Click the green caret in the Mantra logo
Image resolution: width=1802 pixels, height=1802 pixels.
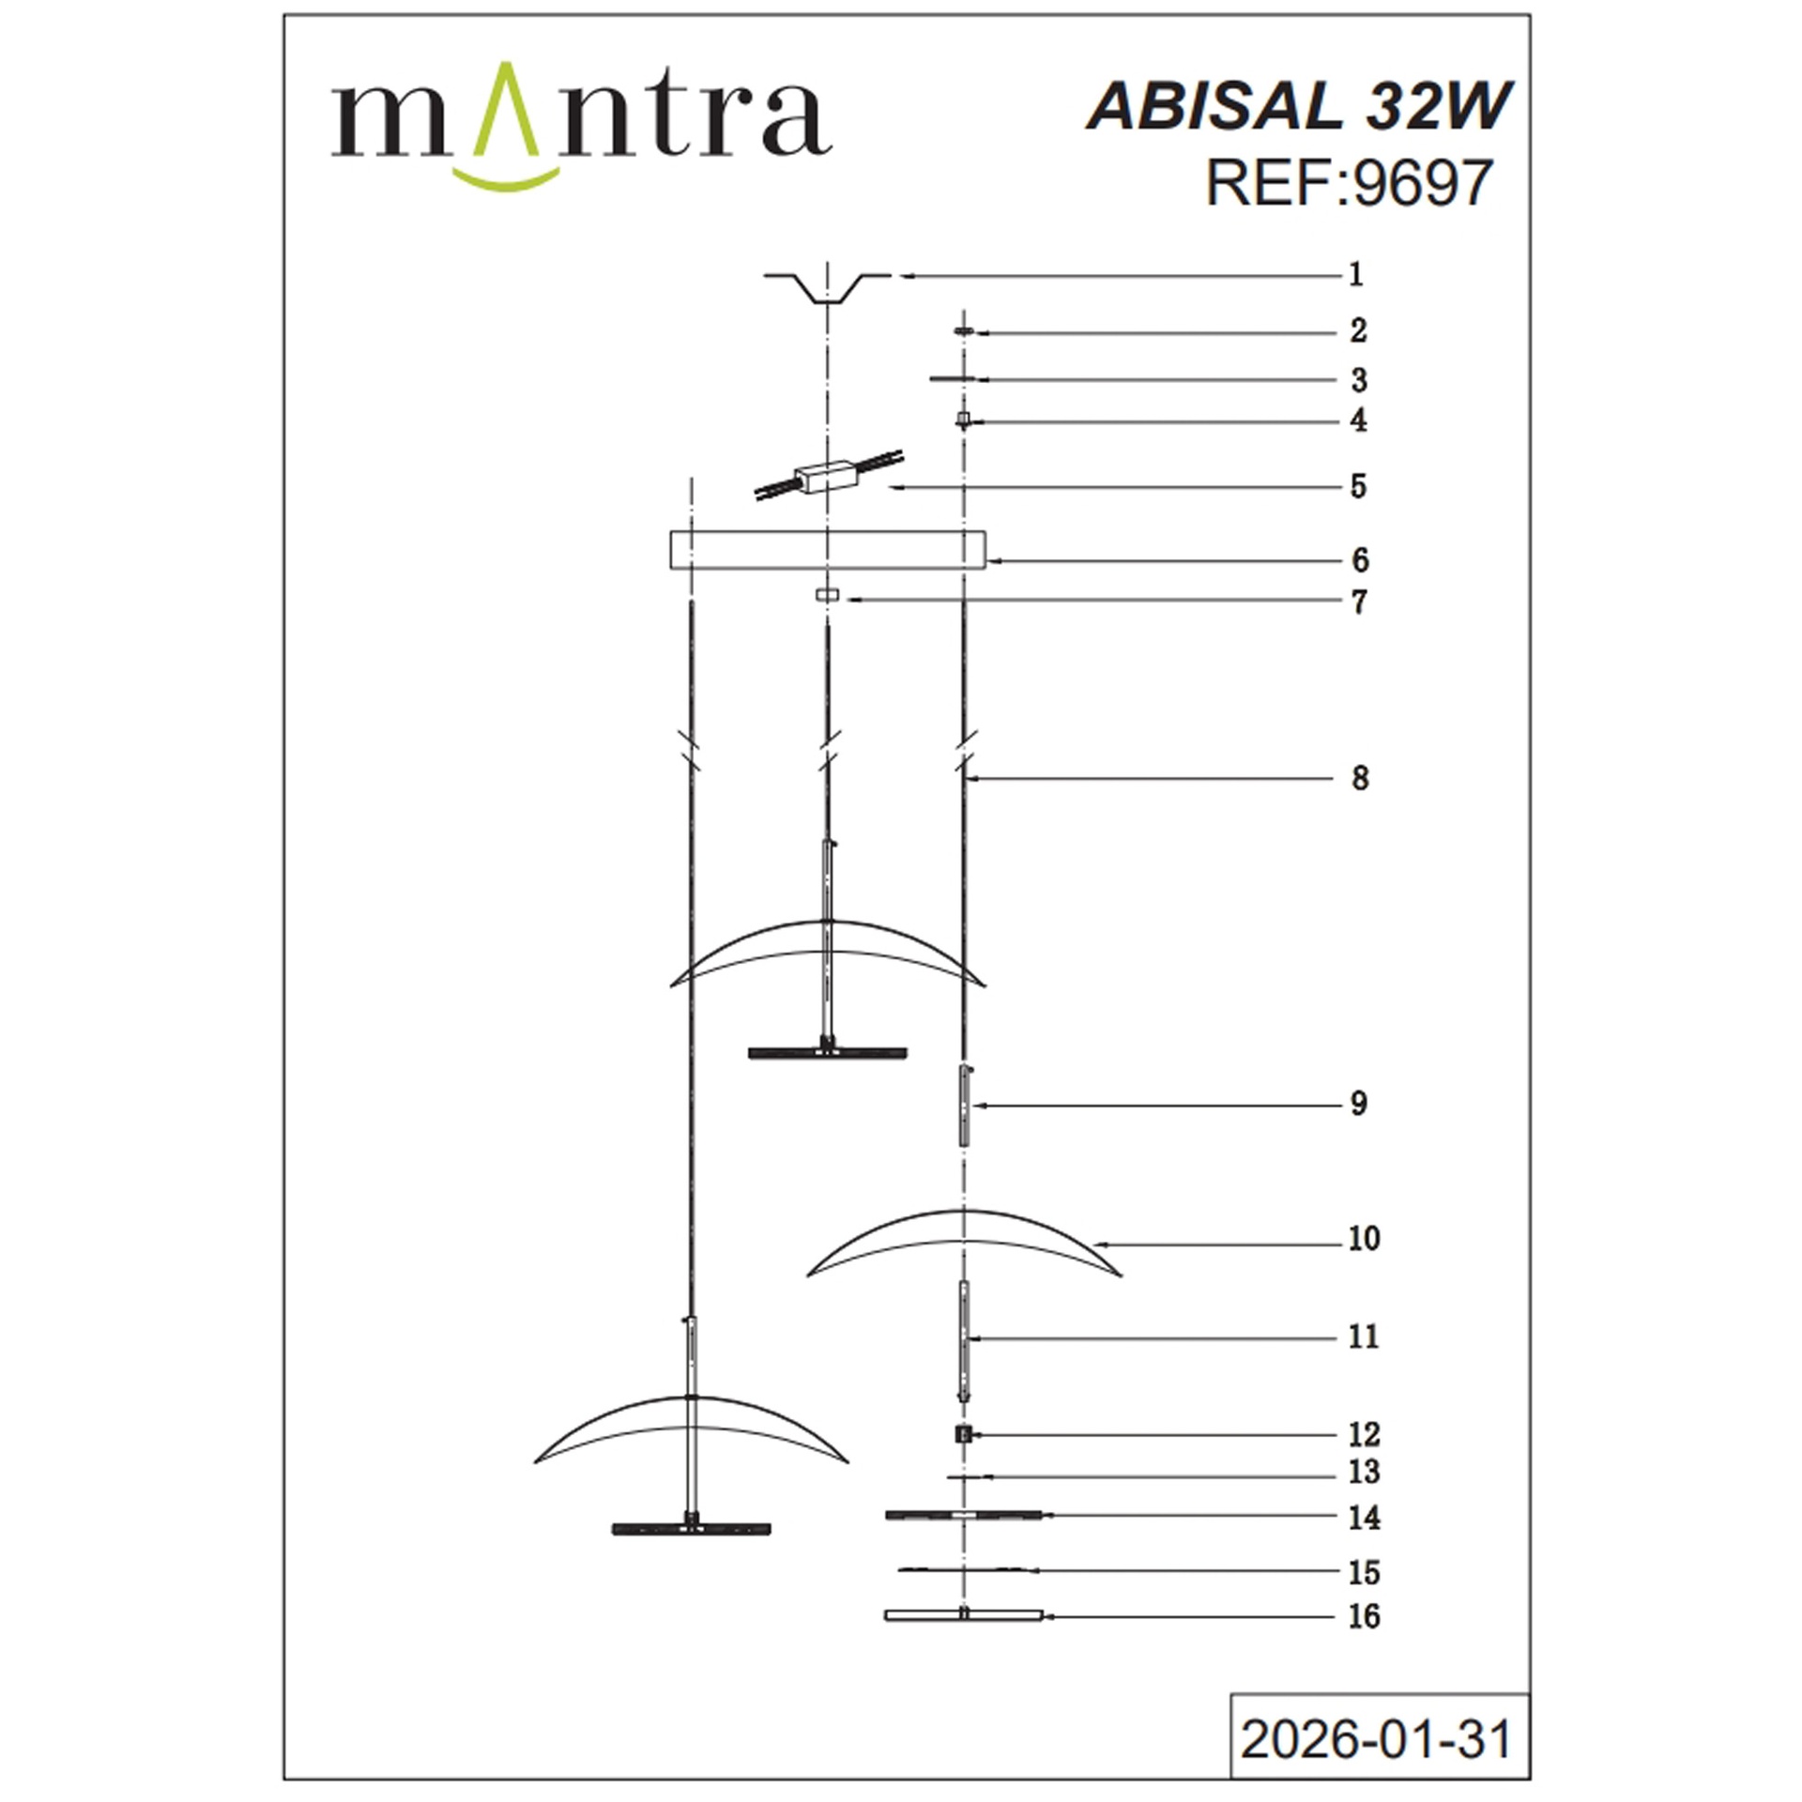[x=506, y=108]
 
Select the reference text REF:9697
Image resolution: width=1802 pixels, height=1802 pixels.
[x=1349, y=182]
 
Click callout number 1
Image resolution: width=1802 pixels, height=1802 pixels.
[x=1355, y=275]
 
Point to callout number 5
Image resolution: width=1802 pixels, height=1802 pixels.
[x=1358, y=486]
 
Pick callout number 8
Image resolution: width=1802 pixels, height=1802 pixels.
[x=1360, y=778]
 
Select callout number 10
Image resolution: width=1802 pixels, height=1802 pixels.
[x=1365, y=1239]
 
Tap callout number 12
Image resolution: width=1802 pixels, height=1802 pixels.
[x=1365, y=1434]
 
